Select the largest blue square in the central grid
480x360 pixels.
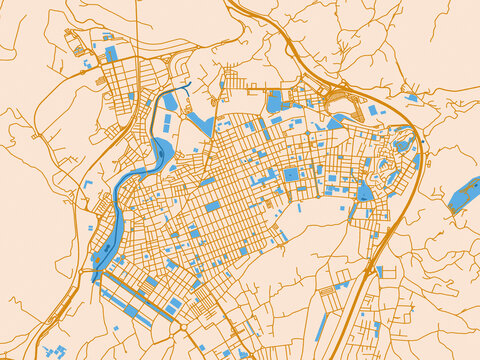291,174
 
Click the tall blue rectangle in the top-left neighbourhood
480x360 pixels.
111,53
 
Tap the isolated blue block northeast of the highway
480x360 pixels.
412,98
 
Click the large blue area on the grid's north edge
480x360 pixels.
275,101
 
